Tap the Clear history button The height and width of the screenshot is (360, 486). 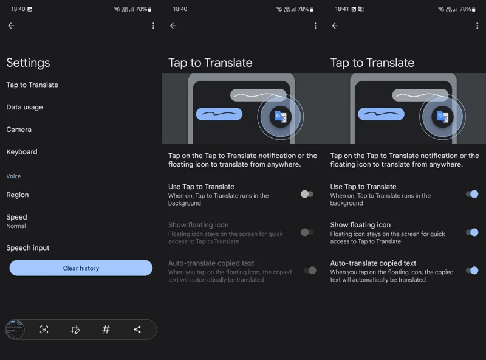[81, 268]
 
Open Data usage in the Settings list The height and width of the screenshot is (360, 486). [24, 107]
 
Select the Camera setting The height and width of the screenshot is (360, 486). [19, 130]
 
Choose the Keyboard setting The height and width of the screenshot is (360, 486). [22, 152]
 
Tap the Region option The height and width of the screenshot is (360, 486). [18, 195]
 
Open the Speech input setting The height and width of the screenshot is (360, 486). [28, 247]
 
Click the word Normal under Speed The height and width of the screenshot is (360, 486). [16, 226]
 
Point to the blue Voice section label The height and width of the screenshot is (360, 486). [13, 176]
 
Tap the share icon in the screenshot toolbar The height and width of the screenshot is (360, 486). [137, 329]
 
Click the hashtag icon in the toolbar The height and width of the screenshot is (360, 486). [106, 329]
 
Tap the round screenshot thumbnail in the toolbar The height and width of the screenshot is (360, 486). [15, 329]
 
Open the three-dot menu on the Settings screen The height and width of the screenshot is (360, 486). [153, 26]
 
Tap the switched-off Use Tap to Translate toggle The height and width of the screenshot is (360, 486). [307, 194]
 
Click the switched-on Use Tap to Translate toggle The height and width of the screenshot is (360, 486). [472, 194]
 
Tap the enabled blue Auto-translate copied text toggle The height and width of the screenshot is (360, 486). [472, 271]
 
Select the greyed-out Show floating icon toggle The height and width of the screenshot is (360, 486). [307, 232]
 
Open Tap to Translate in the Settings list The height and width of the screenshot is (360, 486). [32, 85]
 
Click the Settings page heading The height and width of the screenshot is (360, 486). [28, 63]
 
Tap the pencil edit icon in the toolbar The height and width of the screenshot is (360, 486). [75, 329]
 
